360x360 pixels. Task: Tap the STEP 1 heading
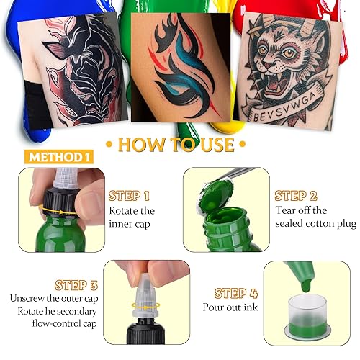(x=129, y=195)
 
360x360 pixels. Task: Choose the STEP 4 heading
(x=237, y=293)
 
